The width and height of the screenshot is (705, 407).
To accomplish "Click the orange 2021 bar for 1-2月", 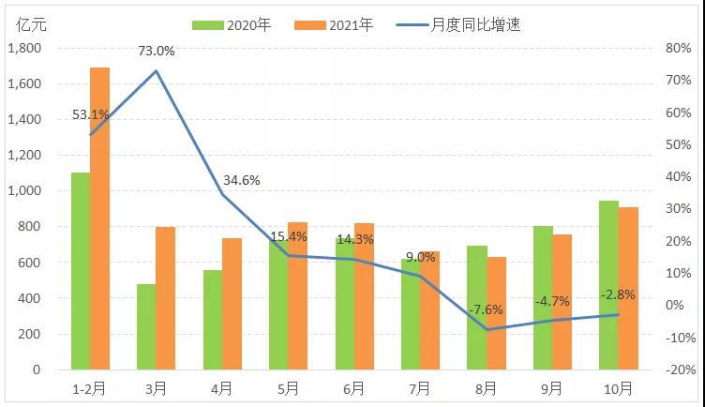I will (99, 219).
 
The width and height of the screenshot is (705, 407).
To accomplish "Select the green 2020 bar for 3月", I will (146, 326).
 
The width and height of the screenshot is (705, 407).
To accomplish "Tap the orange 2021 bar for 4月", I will (232, 304).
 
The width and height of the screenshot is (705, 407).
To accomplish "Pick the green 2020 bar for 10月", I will (608, 285).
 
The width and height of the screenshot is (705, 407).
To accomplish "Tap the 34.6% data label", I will (242, 180).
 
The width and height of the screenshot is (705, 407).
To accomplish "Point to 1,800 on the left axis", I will (23, 49).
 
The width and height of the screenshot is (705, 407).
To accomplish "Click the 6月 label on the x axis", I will (354, 387).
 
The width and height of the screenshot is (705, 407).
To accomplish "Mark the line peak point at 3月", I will (156, 71).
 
